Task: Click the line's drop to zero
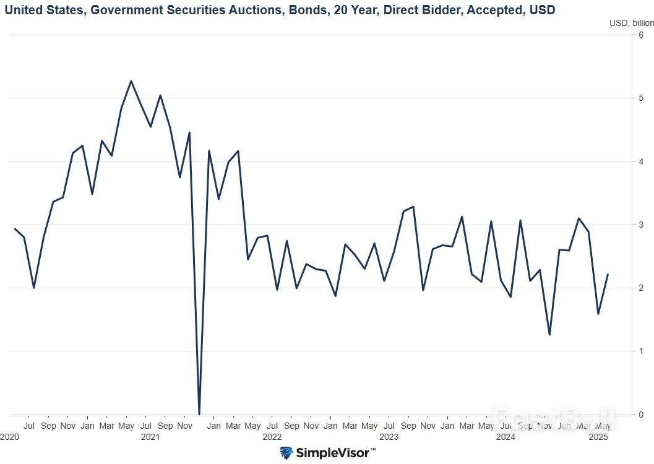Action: (199, 413)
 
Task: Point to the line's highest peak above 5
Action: (131, 81)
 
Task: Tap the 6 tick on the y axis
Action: (642, 35)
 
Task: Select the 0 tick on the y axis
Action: (642, 414)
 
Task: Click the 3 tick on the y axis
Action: (642, 225)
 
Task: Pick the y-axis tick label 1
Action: (642, 351)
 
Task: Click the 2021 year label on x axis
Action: (150, 437)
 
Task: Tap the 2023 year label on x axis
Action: (389, 437)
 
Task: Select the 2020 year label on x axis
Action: (9, 437)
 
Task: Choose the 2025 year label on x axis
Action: (597, 437)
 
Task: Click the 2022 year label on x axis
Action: (272, 437)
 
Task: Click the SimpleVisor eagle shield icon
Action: (286, 453)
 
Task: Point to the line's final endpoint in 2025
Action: (608, 274)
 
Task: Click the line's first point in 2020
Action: (14, 229)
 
